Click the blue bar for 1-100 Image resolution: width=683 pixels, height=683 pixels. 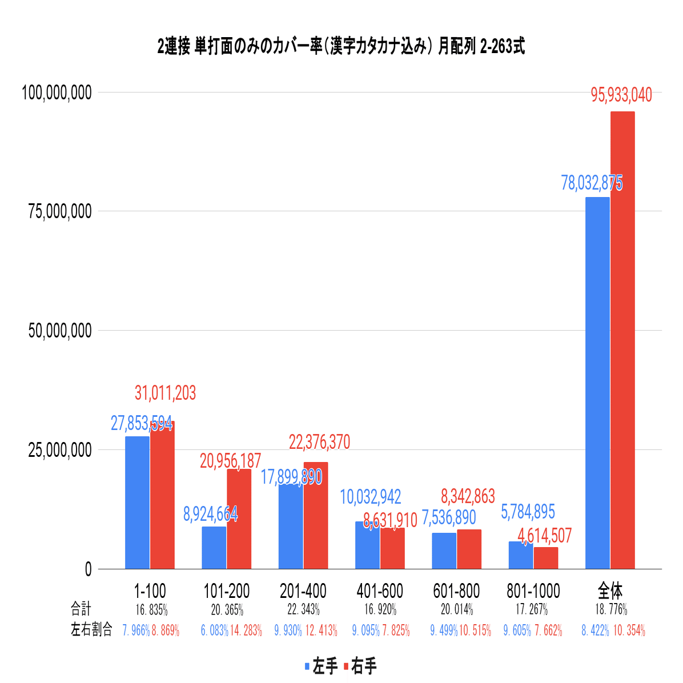pyautogui.click(x=137, y=503)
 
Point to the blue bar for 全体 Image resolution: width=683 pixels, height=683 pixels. pyautogui.click(x=597, y=383)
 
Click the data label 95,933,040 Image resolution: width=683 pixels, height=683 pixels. pyautogui.click(x=621, y=95)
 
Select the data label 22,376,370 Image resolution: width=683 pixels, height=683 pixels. pyautogui.click(x=319, y=442)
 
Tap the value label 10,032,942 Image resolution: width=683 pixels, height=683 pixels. pyautogui.click(x=371, y=497)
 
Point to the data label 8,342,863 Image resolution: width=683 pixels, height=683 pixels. pyautogui.click(x=468, y=496)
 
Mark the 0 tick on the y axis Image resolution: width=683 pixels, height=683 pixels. pyautogui.click(x=87, y=569)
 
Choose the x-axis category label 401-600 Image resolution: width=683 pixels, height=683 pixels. pyautogui.click(x=380, y=591)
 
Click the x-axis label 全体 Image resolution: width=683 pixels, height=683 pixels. pyautogui.click(x=610, y=591)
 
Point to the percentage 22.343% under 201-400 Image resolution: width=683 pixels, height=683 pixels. pyautogui.click(x=303, y=610)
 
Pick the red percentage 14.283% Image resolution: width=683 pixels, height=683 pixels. pyautogui.click(x=246, y=631)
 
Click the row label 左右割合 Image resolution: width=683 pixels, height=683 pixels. pyautogui.click(x=91, y=630)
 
